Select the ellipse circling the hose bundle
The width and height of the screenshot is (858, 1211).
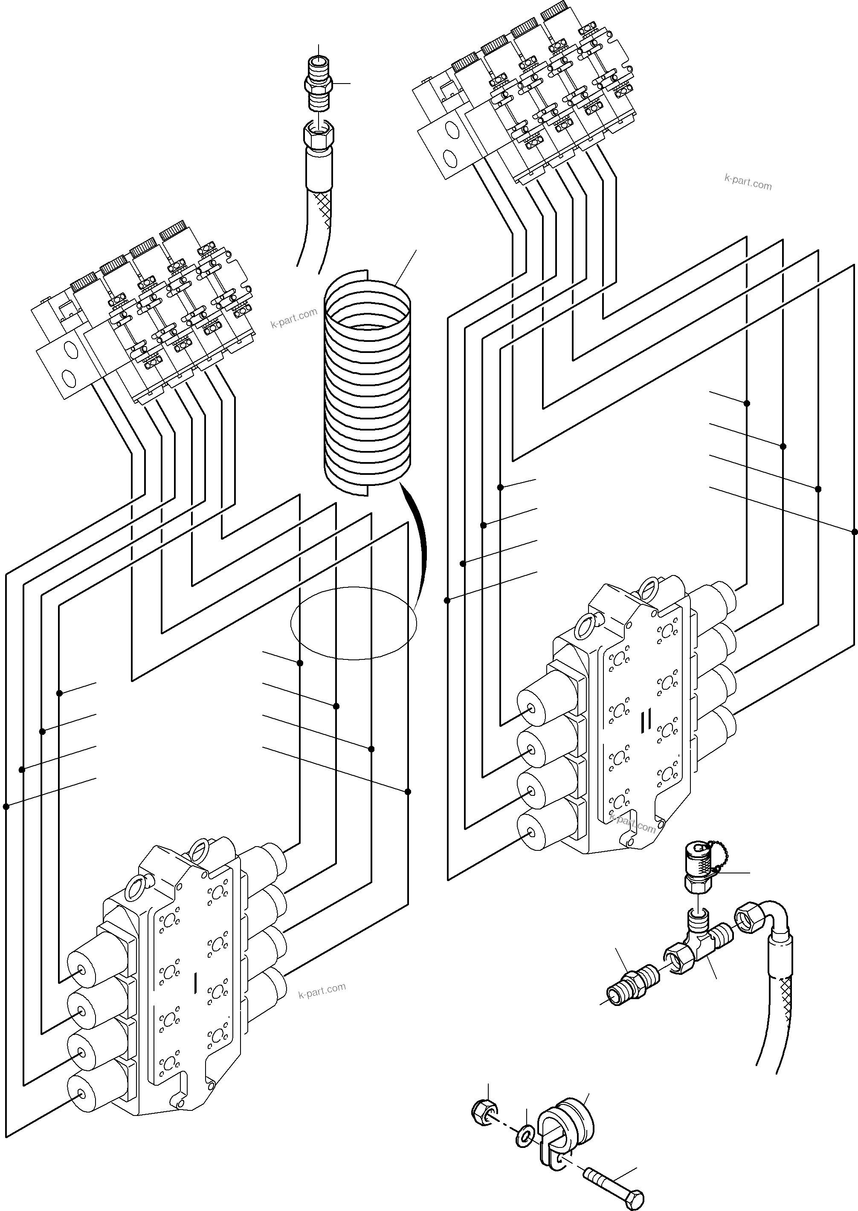(x=354, y=623)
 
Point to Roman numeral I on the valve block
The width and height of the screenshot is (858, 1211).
(x=196, y=983)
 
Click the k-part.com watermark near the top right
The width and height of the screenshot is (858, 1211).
(x=748, y=183)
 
